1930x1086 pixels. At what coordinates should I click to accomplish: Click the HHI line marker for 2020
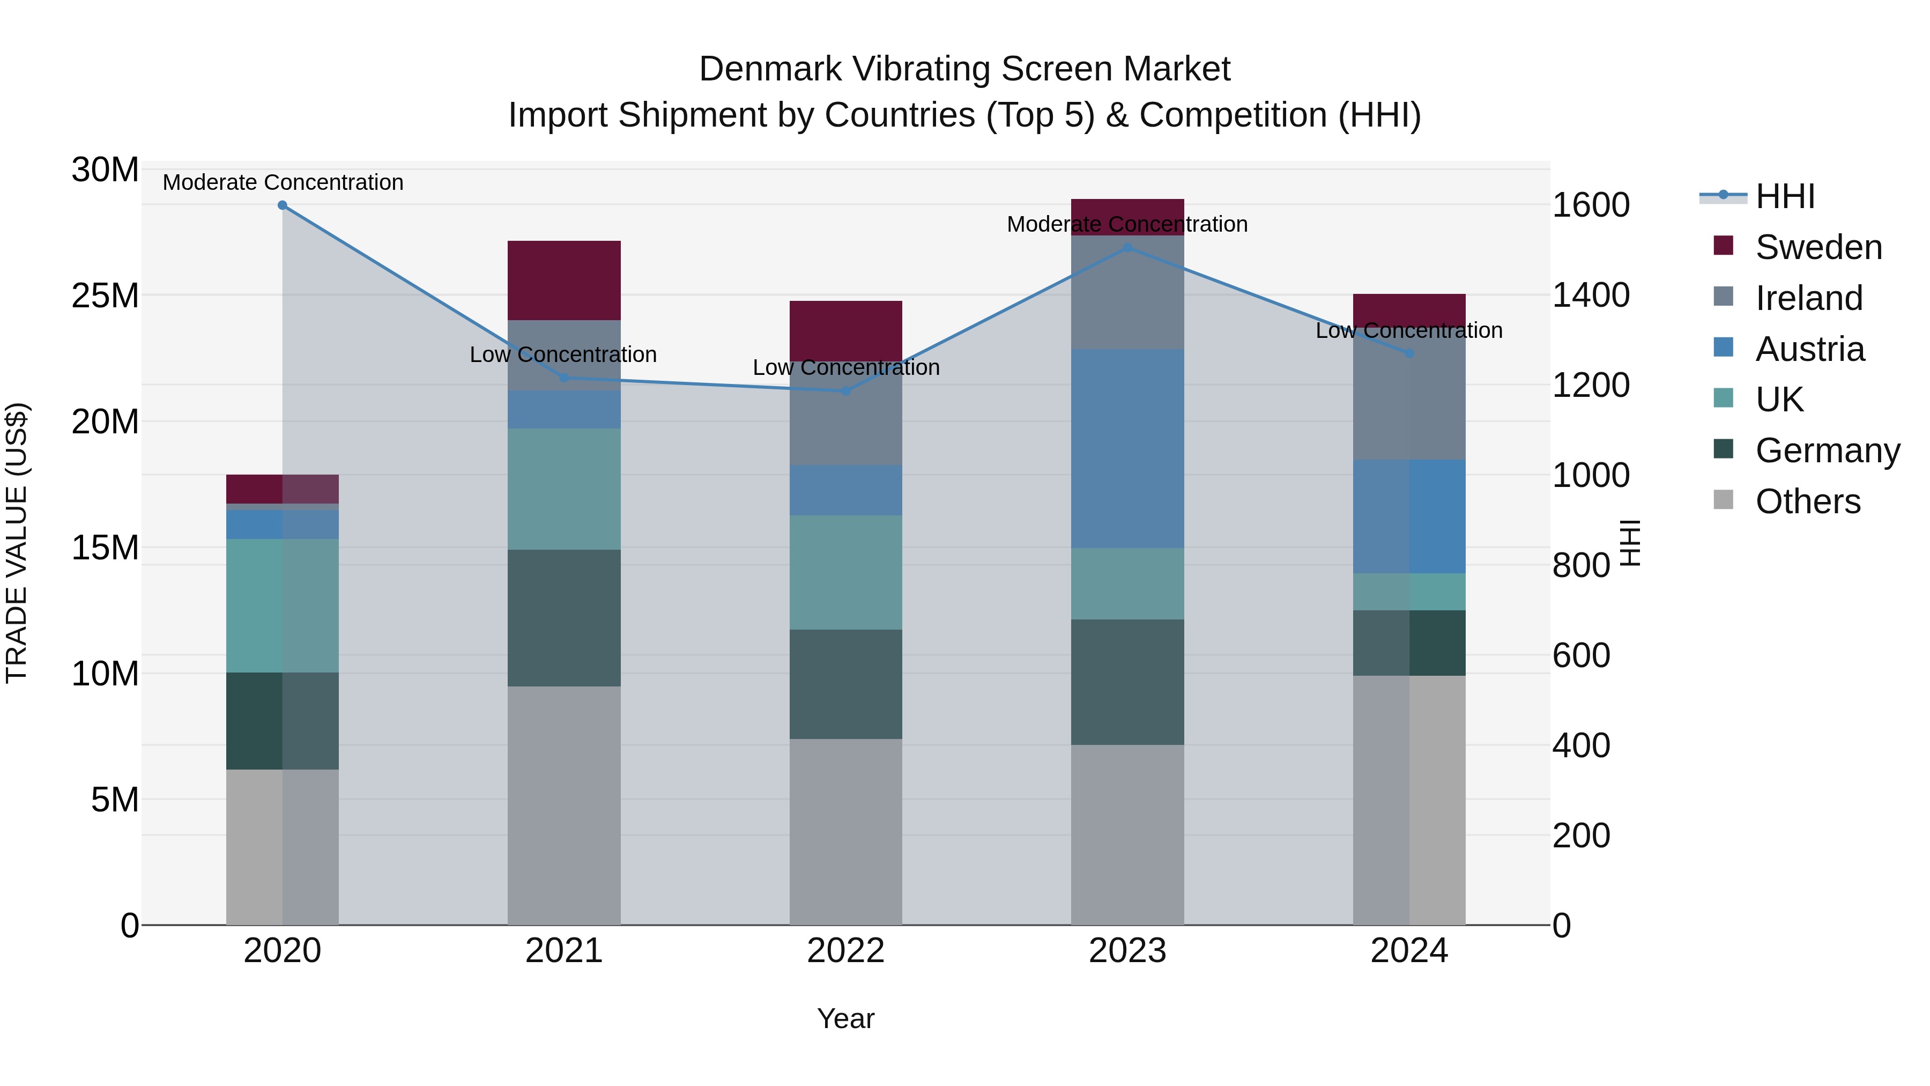[x=283, y=205]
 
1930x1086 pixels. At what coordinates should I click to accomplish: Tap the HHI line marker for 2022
[x=846, y=390]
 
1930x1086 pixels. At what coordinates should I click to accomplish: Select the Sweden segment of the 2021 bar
[x=564, y=280]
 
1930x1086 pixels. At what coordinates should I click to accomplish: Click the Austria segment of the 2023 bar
[x=1127, y=448]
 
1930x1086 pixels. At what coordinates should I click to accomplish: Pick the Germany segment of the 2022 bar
[x=846, y=684]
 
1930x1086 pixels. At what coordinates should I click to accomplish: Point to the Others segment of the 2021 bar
[x=564, y=805]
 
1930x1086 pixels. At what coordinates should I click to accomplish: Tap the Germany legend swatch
[x=1723, y=450]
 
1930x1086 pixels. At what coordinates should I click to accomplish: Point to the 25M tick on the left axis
[x=105, y=296]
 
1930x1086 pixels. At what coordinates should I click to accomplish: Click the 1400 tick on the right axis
[x=1590, y=295]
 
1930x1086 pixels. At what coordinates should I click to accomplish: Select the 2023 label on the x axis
[x=1127, y=951]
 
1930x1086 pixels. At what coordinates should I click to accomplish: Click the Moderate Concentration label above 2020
[x=283, y=182]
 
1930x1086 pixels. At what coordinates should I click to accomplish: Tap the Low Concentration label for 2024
[x=1408, y=330]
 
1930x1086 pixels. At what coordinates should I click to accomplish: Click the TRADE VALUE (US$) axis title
[x=17, y=543]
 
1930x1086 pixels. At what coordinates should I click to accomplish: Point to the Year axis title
[x=846, y=1018]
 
